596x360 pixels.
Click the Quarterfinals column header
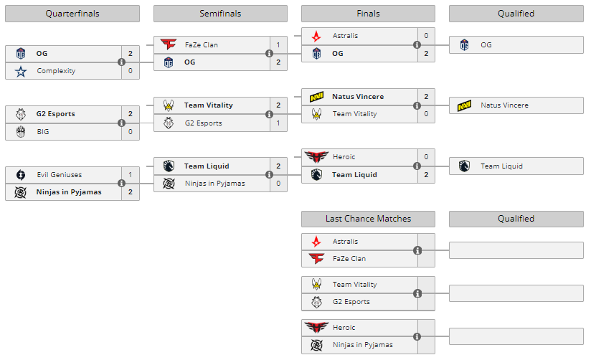pos(72,14)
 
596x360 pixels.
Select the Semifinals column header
pos(220,14)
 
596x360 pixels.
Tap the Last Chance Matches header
pos(368,219)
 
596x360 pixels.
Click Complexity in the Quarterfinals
pos(56,71)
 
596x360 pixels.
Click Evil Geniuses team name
pos(59,174)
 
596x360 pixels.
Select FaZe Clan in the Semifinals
pos(201,44)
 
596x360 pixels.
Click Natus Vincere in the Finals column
pos(358,96)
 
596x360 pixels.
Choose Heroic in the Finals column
pos(344,157)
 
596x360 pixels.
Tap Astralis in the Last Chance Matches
pos(345,242)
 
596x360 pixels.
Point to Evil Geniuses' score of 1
pos(130,174)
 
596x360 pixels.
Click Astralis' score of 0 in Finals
pos(426,35)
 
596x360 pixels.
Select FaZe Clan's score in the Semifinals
pos(278,44)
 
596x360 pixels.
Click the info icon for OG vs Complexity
pos(121,62)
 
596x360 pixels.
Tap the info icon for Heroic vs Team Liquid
pos(417,166)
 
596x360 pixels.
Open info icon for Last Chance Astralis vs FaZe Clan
pos(417,250)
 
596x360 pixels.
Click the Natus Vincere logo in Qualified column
pos(464,105)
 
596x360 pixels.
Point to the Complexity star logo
pos(20,71)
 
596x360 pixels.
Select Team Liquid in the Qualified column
pos(501,166)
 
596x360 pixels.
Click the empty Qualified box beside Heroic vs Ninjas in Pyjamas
pos(516,336)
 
